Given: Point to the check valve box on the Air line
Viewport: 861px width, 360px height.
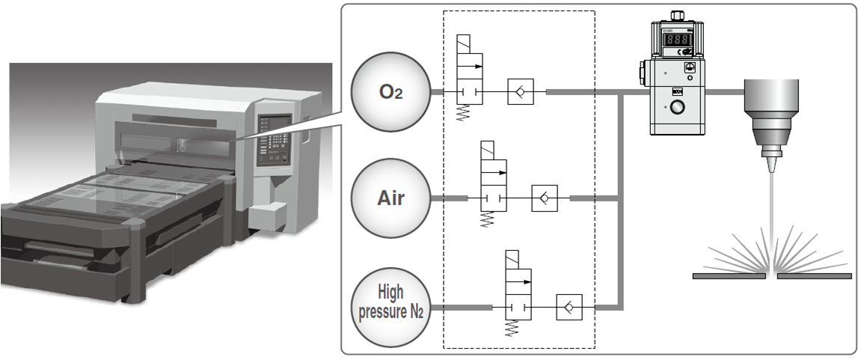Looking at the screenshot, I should pos(544,199).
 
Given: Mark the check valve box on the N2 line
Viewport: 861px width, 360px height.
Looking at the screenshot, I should pos(569,308).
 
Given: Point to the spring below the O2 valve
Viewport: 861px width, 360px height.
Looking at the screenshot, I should pos(465,112).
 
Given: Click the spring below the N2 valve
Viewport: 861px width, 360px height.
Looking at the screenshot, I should pos(513,328).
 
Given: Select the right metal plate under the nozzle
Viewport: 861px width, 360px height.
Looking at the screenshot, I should pos(815,276).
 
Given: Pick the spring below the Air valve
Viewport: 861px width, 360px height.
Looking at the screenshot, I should pos(489,220).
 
